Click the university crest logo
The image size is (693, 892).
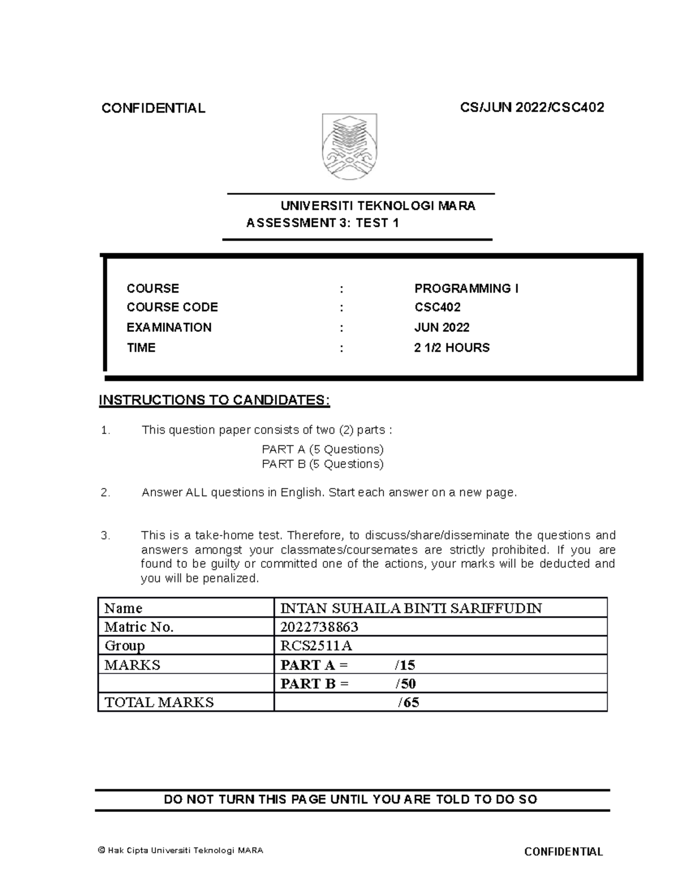click(x=349, y=147)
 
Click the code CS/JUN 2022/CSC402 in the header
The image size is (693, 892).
click(x=532, y=107)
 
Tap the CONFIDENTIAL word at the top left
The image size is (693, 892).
click(x=153, y=108)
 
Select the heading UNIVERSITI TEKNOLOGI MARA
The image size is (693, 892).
click(x=378, y=206)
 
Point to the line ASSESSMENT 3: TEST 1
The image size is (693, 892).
click(x=322, y=223)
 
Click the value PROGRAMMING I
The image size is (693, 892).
click(x=466, y=288)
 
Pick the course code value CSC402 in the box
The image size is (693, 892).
click(x=437, y=308)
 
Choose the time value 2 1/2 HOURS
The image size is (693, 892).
click(x=452, y=347)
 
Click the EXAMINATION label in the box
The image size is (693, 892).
click(x=169, y=327)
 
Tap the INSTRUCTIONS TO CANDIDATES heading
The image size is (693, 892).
click(x=214, y=400)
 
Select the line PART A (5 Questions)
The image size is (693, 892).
click(x=322, y=449)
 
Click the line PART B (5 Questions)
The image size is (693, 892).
click(x=322, y=464)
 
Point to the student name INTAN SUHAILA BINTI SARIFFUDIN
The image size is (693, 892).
click(x=411, y=608)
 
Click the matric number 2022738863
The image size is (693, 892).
click(x=319, y=627)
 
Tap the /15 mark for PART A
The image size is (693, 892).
click(x=405, y=665)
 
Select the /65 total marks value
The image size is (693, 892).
click(x=408, y=702)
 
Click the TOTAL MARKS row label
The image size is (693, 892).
click(x=159, y=702)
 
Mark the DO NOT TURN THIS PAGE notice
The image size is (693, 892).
click(x=351, y=799)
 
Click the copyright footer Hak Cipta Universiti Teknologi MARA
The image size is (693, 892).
click(x=180, y=850)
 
